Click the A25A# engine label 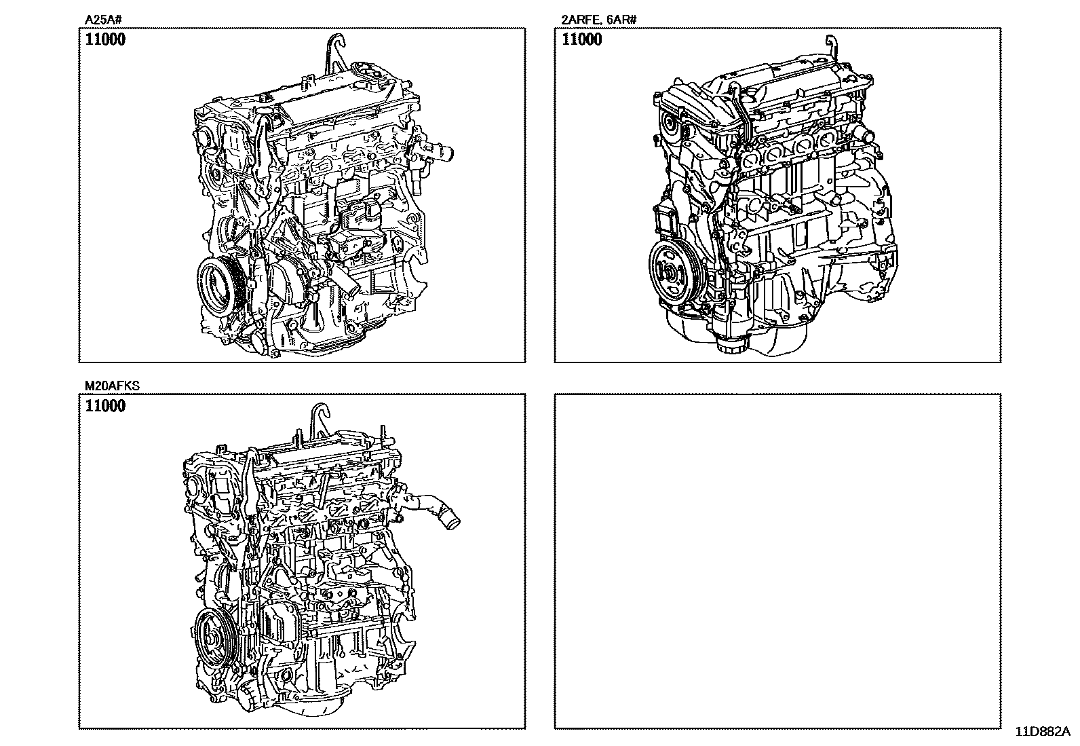(x=103, y=20)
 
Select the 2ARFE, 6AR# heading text (x=599, y=20)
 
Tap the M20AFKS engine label (x=113, y=386)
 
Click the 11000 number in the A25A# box (x=105, y=39)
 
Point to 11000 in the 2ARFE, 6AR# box (x=581, y=39)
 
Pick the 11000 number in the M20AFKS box (x=105, y=405)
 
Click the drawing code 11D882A (x=1043, y=732)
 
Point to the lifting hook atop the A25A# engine (x=336, y=51)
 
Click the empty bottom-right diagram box (x=777, y=561)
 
